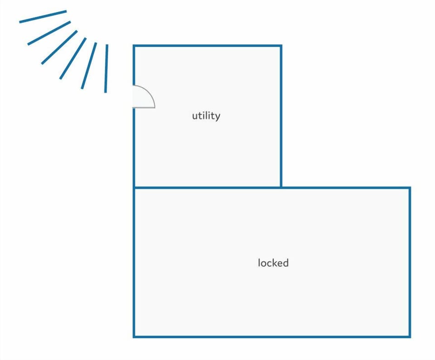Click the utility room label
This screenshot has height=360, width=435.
pos(206,115)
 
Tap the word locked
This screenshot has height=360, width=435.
pos(273,263)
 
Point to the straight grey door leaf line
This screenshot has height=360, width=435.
pos(144,107)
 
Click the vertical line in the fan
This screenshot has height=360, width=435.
pos(106,68)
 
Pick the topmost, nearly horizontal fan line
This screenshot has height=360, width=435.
pos(43,17)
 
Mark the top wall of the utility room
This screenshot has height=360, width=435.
pos(208,46)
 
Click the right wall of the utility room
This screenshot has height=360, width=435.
pos(281,116)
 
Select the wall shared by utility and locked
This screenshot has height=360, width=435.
pos(208,188)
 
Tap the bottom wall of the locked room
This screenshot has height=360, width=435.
pos(272,337)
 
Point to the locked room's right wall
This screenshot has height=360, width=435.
pos(410,262)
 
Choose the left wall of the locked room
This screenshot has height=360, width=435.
pos(134,262)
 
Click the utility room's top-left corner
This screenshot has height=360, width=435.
pos(134,46)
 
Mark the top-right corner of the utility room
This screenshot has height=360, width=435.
pos(281,46)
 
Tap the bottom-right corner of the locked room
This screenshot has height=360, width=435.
pos(410,337)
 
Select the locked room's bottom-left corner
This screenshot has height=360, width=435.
pos(134,337)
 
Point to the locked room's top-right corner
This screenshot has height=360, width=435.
pos(410,188)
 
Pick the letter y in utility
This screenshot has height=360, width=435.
pos(217,117)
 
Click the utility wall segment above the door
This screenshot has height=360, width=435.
pos(134,65)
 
